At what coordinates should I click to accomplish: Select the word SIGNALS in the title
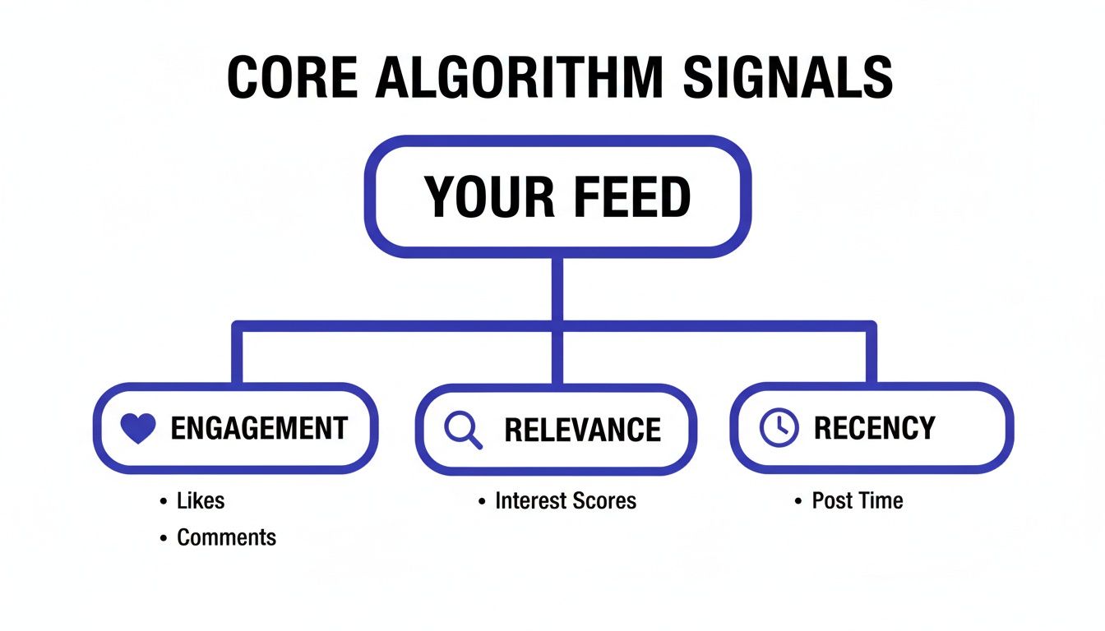pyautogui.click(x=788, y=79)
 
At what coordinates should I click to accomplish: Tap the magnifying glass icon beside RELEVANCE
pyautogui.click(x=463, y=430)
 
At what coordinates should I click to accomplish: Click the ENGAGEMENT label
pyautogui.click(x=259, y=429)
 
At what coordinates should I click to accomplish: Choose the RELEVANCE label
pyautogui.click(x=582, y=430)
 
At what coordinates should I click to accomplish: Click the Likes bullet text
pyautogui.click(x=201, y=500)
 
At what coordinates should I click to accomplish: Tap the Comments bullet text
pyautogui.click(x=227, y=538)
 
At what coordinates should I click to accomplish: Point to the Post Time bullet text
pyautogui.click(x=857, y=500)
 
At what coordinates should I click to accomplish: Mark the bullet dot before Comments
pyautogui.click(x=164, y=539)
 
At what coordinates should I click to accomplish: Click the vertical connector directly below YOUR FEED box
pyautogui.click(x=558, y=288)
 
